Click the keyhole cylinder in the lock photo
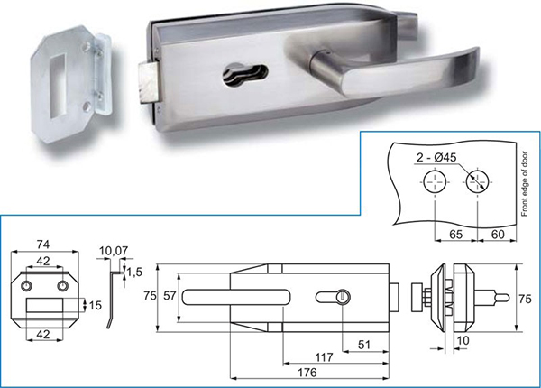point(245,73)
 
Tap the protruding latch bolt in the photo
point(148,83)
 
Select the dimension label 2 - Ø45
point(436,157)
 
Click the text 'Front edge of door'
point(525,184)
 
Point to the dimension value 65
point(455,235)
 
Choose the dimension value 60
point(498,235)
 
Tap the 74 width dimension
point(43,245)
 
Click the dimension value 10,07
point(114,251)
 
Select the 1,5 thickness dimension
point(134,272)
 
